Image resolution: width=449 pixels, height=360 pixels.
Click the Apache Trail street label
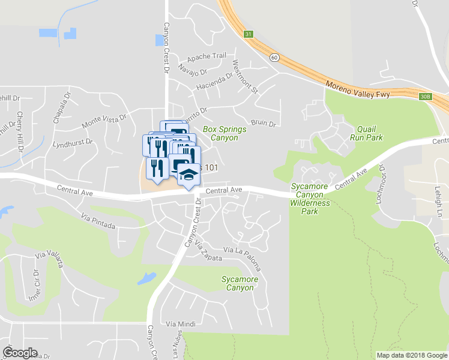[206, 56]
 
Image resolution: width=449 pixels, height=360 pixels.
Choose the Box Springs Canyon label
[220, 133]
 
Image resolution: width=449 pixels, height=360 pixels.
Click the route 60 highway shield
[274, 57]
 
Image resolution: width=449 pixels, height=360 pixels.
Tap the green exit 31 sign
[249, 35]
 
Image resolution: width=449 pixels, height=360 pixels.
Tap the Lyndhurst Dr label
[72, 144]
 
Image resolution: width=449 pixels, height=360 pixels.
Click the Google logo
[20, 353]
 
